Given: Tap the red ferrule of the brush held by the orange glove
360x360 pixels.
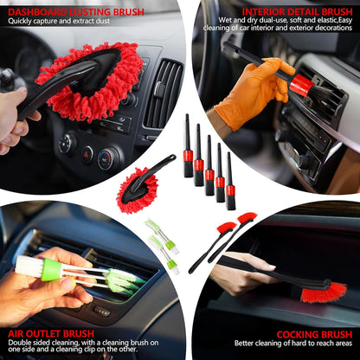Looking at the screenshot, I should pos(300,84).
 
